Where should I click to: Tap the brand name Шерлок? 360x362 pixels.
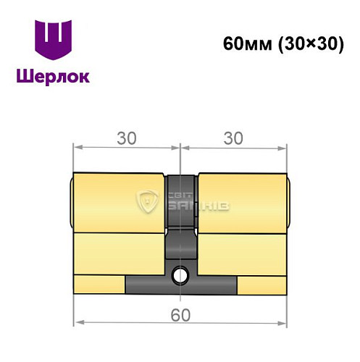[x=54, y=75]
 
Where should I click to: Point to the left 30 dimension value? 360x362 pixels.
[x=126, y=137]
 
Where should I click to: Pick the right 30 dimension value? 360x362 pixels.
[x=234, y=137]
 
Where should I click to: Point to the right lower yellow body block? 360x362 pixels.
[x=243, y=252]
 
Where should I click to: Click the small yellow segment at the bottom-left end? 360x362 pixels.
[x=99, y=284]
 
